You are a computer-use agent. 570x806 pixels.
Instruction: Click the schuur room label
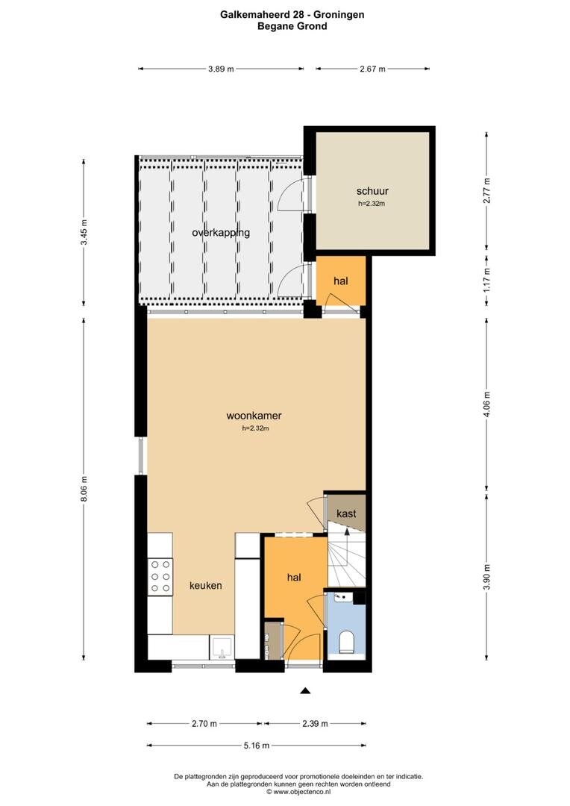pos(372,191)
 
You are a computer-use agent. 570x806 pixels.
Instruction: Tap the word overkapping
pos(221,233)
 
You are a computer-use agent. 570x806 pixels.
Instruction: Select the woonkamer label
pos(254,416)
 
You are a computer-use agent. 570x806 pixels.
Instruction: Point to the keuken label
pos(206,586)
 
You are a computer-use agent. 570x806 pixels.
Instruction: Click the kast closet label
pos(346,513)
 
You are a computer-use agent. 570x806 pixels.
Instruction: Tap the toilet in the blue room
pos(347,642)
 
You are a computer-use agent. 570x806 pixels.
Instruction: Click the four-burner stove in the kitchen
pos(160,577)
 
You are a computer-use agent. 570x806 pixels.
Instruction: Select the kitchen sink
pos(222,647)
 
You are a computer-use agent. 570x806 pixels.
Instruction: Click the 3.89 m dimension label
pos(221,69)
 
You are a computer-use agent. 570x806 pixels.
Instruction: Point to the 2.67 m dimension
pos(372,69)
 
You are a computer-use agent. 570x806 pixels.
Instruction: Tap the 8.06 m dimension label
pos(84,490)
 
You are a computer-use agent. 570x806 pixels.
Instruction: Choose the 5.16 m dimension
pos(257,746)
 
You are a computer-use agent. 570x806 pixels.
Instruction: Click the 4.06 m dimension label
pos(486,404)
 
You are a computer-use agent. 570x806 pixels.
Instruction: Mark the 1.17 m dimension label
pos(486,280)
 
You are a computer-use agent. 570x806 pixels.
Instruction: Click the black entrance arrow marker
pos(305,691)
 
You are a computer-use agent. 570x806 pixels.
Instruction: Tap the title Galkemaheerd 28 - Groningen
pos(292,14)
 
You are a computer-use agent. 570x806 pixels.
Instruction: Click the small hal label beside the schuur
pos(341,281)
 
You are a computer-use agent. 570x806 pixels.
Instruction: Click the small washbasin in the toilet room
pos(341,597)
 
